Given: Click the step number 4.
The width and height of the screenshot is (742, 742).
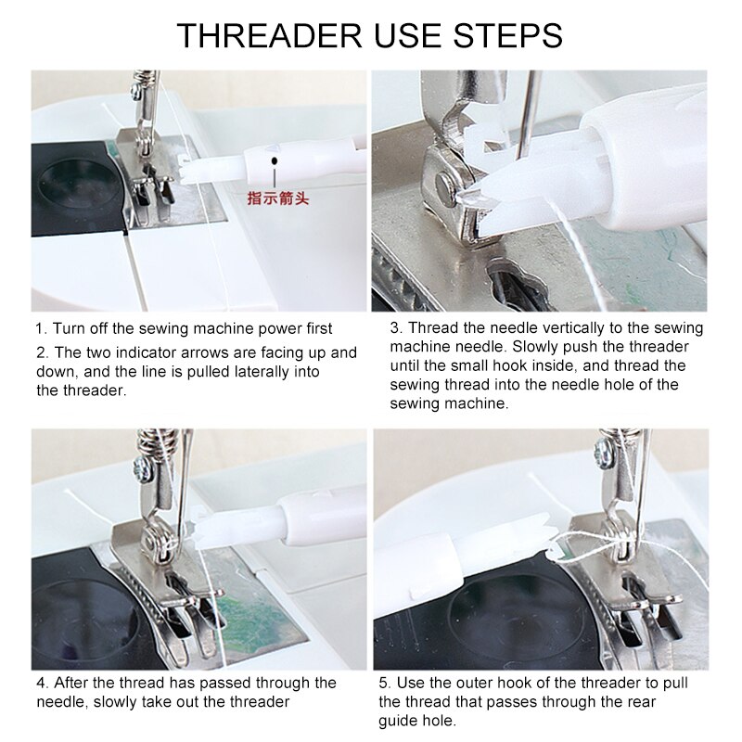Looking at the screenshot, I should click(x=42, y=683).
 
